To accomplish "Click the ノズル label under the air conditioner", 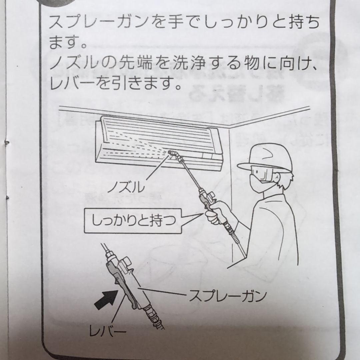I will (126, 187).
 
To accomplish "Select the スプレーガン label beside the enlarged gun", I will (228, 296).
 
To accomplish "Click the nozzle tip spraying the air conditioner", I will (173, 153).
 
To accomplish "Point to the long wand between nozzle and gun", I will (190, 177).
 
